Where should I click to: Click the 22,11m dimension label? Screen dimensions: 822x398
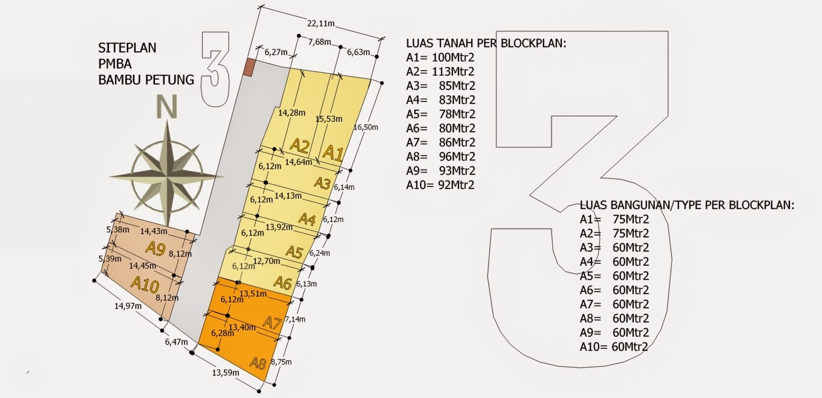[x=321, y=23]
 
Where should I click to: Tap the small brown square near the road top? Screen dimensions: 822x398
[x=248, y=67]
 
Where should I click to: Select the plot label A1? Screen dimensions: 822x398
[x=333, y=153]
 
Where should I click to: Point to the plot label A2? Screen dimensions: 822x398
[x=299, y=146]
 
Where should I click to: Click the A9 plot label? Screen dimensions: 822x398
[x=156, y=248]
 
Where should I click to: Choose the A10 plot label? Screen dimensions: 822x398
[x=145, y=285]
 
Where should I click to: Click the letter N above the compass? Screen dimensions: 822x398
[x=167, y=107]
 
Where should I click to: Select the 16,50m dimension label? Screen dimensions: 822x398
[x=366, y=127]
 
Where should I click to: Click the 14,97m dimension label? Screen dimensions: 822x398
[x=128, y=306]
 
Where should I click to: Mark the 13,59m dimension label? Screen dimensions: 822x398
[x=226, y=373]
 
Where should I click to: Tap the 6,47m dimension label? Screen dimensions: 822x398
[x=176, y=342]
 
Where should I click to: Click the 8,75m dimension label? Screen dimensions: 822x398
[x=282, y=362]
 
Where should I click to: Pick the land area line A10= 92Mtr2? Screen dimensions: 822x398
[x=440, y=184]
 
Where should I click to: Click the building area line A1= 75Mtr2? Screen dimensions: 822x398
[x=615, y=219]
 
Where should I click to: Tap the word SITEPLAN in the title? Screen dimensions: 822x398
[x=127, y=48]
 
